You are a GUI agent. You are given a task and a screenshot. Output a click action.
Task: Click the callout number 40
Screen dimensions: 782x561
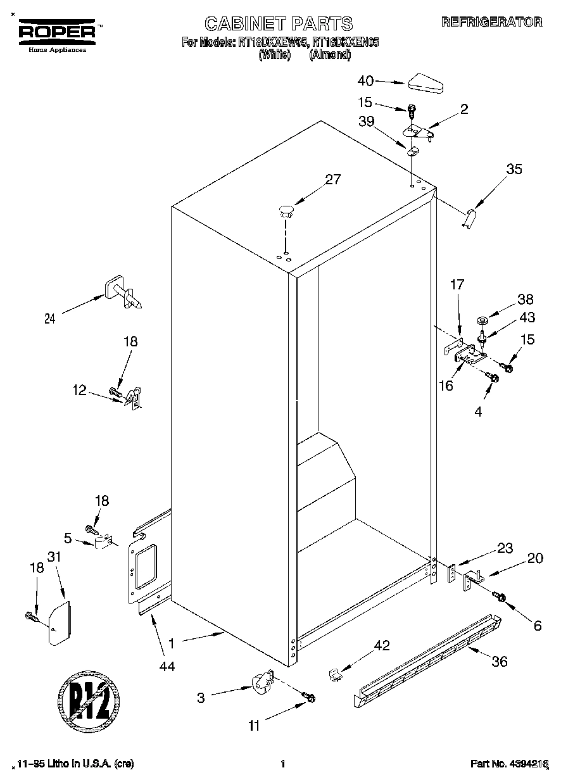[x=366, y=80]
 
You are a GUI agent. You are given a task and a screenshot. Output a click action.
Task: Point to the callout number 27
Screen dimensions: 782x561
[x=333, y=179]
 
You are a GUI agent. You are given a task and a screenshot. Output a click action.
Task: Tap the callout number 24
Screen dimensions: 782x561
[x=49, y=319]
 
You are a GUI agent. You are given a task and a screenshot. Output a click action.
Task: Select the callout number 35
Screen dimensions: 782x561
[x=514, y=169]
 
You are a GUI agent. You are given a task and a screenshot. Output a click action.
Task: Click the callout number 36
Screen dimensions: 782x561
[x=500, y=662]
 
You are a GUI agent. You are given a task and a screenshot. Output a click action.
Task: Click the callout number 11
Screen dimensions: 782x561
[x=254, y=726]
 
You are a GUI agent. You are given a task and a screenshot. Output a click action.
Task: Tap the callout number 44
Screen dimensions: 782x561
[x=167, y=665]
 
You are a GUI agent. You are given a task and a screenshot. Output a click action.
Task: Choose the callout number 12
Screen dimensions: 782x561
[x=79, y=391]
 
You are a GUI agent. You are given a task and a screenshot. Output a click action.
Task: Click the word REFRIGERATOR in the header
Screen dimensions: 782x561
[x=492, y=22]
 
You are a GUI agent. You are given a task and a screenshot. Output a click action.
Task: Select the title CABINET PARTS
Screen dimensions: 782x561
[x=279, y=23]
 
